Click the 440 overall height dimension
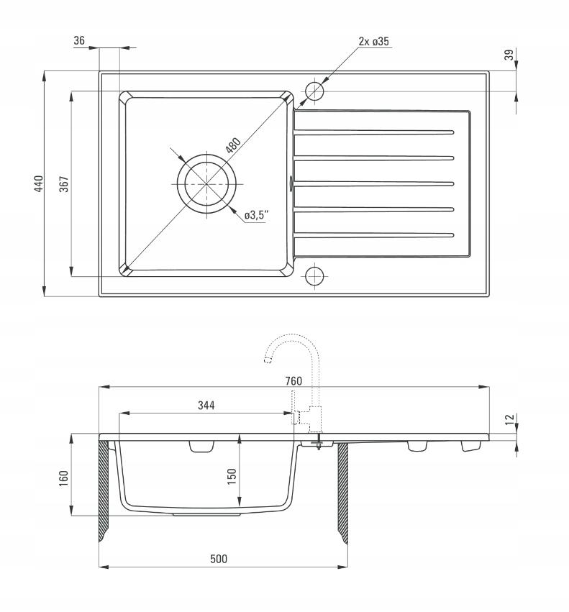39,183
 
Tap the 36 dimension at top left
79,40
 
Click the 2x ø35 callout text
374,42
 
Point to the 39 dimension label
509,55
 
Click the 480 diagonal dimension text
233,145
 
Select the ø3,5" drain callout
257,215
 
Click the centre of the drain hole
206,183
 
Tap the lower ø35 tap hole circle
314,276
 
